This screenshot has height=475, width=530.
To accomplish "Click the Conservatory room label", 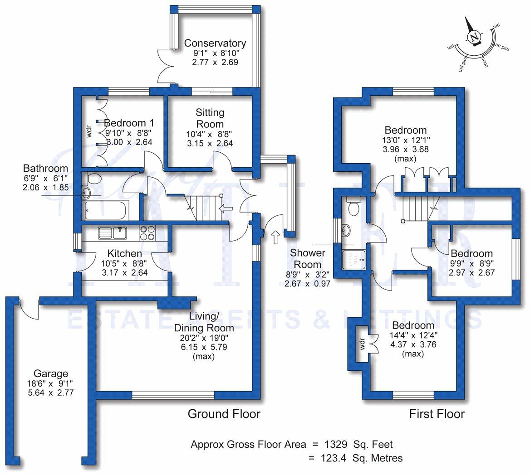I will pos(215,44).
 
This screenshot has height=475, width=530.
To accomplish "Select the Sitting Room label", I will pos(210,118).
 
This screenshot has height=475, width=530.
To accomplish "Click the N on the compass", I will pos(475,37).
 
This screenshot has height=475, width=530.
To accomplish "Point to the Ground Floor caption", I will pos(224,413).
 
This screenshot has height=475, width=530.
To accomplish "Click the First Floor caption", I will pos(437,413).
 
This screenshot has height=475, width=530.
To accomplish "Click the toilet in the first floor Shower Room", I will pos(353,207).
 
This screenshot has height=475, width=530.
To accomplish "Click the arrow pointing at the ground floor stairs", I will pos(226,209).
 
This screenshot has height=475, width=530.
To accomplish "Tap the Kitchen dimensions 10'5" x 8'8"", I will pos(124,263).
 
